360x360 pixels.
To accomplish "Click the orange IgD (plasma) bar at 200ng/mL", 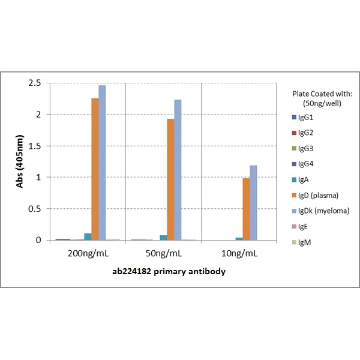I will pos(95,169).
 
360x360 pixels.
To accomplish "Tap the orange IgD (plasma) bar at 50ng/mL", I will pos(170,179).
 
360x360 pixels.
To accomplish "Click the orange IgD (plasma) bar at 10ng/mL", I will pos(246,209).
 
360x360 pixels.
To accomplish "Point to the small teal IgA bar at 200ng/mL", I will pos(88,237).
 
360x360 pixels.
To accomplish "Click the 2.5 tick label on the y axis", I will pos(36,83).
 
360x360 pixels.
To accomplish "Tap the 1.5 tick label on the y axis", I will pos(36,146).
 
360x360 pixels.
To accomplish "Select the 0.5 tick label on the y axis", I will pos(36,209).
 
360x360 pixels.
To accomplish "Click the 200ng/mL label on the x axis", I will pos(88,253).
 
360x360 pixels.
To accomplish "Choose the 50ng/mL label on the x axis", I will pos(163,253).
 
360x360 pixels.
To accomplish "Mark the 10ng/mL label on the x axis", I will pos(239,253).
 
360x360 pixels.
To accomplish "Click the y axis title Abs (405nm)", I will pos(19,161).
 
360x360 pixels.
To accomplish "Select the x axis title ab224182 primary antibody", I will pos(164,271).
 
